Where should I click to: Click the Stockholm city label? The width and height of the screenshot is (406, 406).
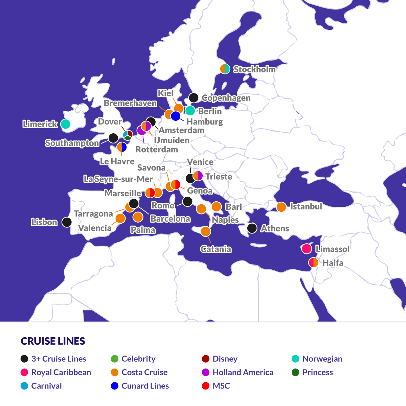point(254,69)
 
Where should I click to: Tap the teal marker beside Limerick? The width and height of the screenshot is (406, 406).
point(65,124)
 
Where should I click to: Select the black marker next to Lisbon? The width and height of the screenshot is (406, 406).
point(67,222)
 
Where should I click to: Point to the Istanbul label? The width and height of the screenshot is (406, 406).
point(306,206)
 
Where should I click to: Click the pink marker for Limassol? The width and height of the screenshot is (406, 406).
point(307,249)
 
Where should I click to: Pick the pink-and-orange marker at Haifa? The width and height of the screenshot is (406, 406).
point(314,263)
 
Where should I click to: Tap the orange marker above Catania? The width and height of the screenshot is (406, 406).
point(206,231)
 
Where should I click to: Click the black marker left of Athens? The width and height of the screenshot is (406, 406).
point(252,228)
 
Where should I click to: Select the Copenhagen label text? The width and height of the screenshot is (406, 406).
point(226,98)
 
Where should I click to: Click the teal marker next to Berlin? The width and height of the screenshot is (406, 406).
point(190,111)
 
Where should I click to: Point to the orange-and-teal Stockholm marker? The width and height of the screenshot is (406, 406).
point(225,69)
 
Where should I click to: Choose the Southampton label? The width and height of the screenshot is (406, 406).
point(72,143)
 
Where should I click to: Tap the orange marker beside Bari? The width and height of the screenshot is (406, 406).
point(217,207)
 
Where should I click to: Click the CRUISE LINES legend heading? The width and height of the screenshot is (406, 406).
point(53,341)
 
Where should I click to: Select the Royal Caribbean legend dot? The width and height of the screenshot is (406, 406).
point(24,373)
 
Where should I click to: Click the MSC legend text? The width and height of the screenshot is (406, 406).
point(221,386)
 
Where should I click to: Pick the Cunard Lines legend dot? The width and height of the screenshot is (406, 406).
point(115,386)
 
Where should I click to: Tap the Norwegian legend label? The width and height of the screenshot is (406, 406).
point(322,359)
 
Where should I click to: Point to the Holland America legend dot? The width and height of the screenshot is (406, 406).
point(205,373)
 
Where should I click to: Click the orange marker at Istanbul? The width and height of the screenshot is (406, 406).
point(281,207)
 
